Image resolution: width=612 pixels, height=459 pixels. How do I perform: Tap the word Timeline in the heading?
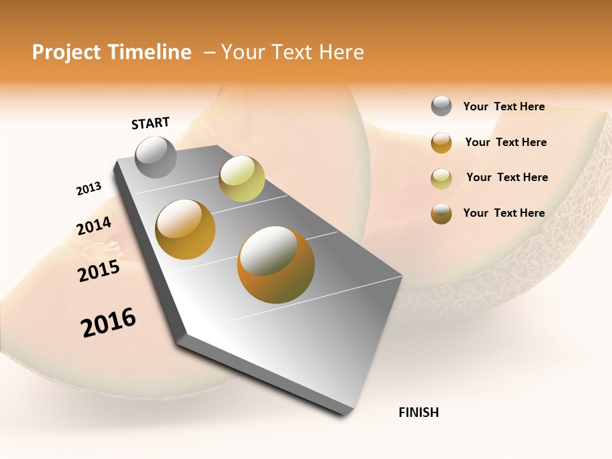click(x=150, y=52)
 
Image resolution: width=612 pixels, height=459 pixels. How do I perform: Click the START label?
click(x=150, y=123)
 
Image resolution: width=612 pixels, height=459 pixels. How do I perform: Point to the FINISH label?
click(x=419, y=412)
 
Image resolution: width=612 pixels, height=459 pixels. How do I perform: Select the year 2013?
click(x=89, y=189)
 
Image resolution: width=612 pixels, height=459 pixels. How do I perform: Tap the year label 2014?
click(x=94, y=226)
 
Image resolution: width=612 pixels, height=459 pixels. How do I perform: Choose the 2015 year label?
click(x=99, y=271)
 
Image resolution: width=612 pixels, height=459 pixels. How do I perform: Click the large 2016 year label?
click(x=108, y=323)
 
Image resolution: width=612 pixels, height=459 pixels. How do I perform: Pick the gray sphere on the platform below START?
click(x=156, y=157)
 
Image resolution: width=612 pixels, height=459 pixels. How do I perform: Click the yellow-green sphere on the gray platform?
click(x=242, y=178)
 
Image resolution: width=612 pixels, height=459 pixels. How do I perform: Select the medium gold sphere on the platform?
click(x=186, y=229)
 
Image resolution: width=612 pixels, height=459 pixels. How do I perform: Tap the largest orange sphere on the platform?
click(x=276, y=265)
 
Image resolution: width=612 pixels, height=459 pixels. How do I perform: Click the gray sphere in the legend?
click(x=441, y=106)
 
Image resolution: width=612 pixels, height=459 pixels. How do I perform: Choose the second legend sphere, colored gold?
click(x=441, y=143)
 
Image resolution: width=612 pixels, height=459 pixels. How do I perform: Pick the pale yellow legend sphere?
click(x=441, y=178)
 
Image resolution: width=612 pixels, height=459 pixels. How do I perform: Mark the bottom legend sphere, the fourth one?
click(x=441, y=214)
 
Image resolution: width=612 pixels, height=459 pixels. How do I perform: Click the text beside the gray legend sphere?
click(x=504, y=107)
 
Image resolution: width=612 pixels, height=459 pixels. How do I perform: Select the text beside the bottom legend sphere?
click(x=504, y=213)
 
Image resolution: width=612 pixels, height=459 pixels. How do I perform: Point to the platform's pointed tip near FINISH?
click(x=347, y=411)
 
